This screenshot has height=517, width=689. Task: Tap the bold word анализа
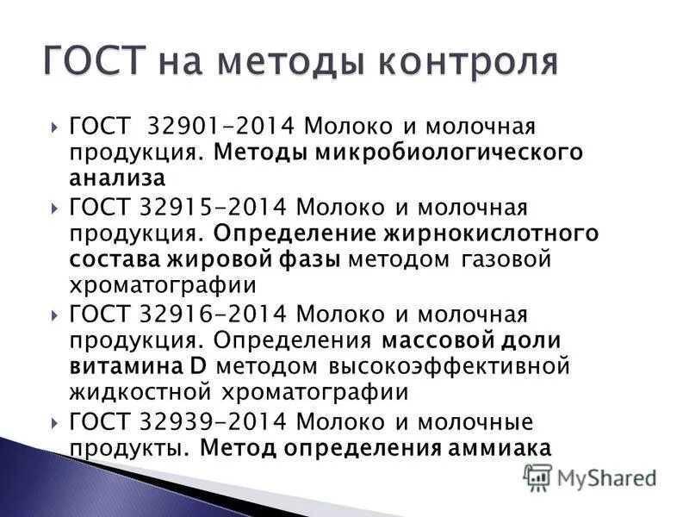(117, 179)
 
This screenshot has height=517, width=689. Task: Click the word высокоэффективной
(449, 366)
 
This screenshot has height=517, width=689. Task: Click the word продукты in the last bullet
(125, 449)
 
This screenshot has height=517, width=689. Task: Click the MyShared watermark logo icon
(537, 476)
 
